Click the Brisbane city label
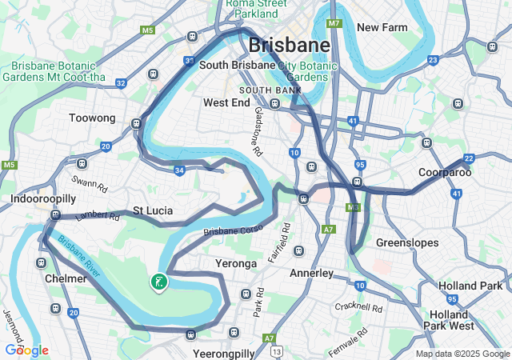point(289,45)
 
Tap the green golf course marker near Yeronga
point(159,282)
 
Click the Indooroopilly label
point(43,198)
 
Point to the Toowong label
point(93,118)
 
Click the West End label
point(226,103)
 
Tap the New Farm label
point(382,27)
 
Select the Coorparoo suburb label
point(445,172)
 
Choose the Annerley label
point(311,273)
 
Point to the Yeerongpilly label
point(224,353)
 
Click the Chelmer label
point(66,278)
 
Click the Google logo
point(26,350)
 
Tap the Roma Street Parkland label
point(257,8)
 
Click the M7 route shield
point(334,23)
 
